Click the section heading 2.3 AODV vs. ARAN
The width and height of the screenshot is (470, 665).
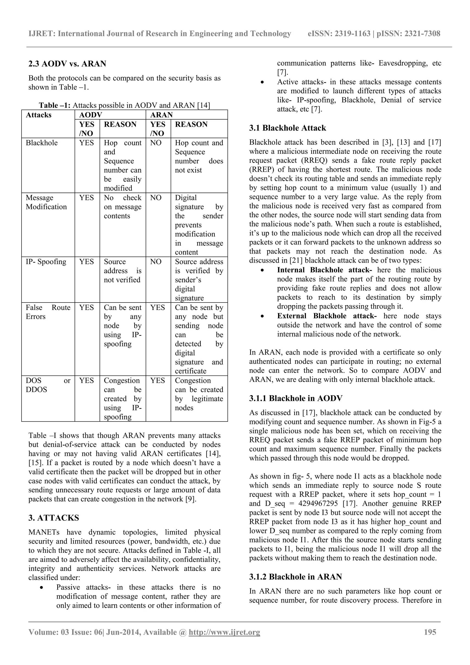tap(67, 64)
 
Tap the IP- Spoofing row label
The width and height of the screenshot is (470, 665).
tap(46, 262)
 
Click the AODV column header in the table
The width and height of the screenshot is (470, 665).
tap(91, 115)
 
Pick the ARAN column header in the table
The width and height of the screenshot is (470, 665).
tap(161, 115)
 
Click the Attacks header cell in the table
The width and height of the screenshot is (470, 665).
tap(39, 115)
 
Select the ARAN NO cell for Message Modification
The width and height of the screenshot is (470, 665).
tap(156, 198)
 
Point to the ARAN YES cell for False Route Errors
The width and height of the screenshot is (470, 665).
tap(157, 308)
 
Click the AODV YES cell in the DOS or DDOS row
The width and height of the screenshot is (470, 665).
tap(87, 381)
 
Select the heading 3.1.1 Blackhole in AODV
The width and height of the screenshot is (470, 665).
tap(295, 398)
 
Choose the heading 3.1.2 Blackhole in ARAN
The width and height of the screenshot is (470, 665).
tap(295, 577)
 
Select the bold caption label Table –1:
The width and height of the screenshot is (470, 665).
tap(55, 105)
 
